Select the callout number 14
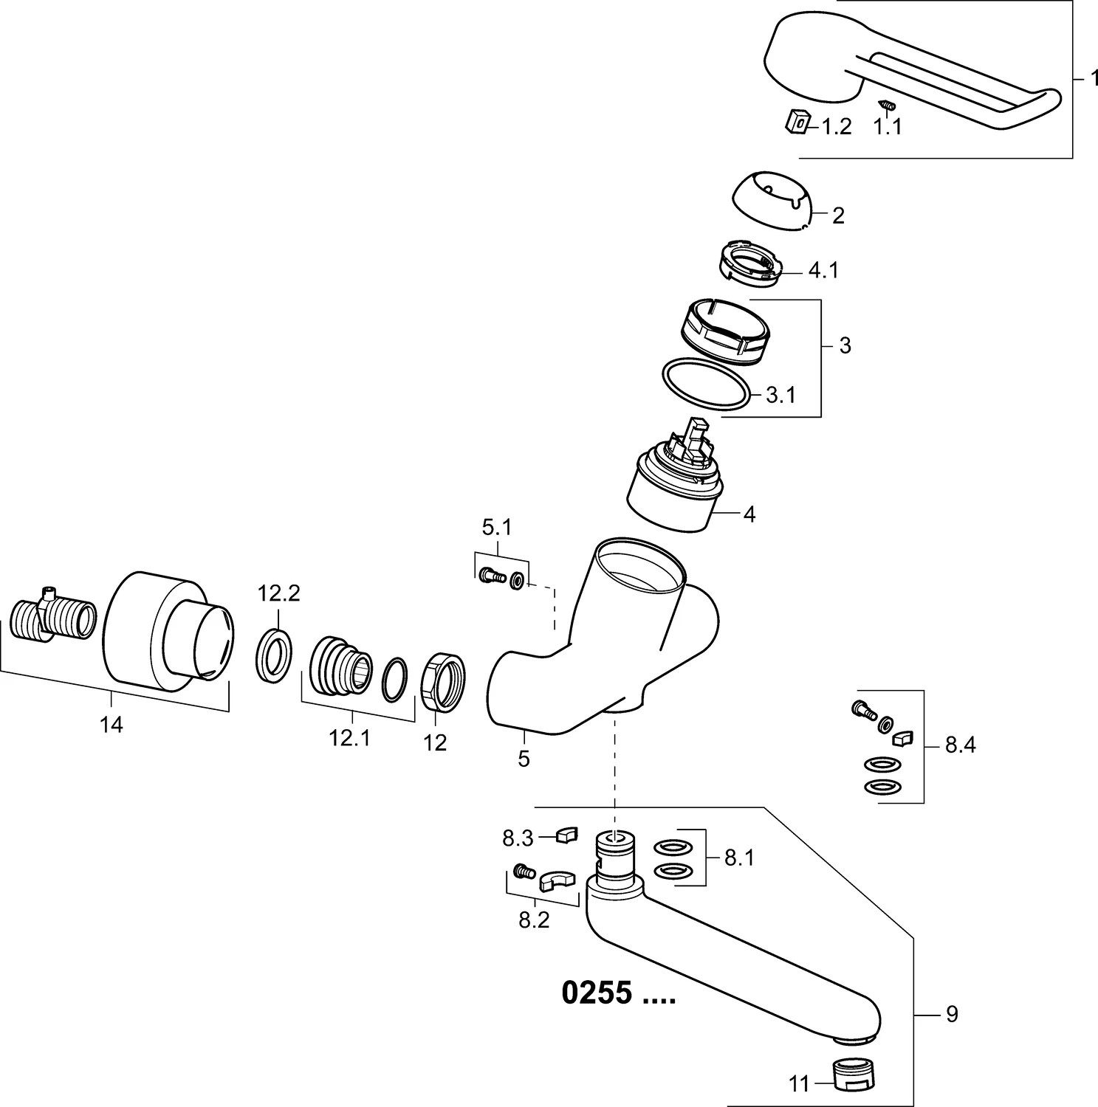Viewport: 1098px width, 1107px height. tap(111, 725)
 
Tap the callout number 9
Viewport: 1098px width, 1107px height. tap(952, 1014)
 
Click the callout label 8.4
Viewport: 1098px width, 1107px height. tap(960, 746)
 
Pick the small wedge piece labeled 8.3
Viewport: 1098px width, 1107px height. tap(566, 835)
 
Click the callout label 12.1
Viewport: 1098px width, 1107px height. tap(349, 738)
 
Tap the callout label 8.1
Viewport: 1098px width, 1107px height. tap(739, 858)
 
